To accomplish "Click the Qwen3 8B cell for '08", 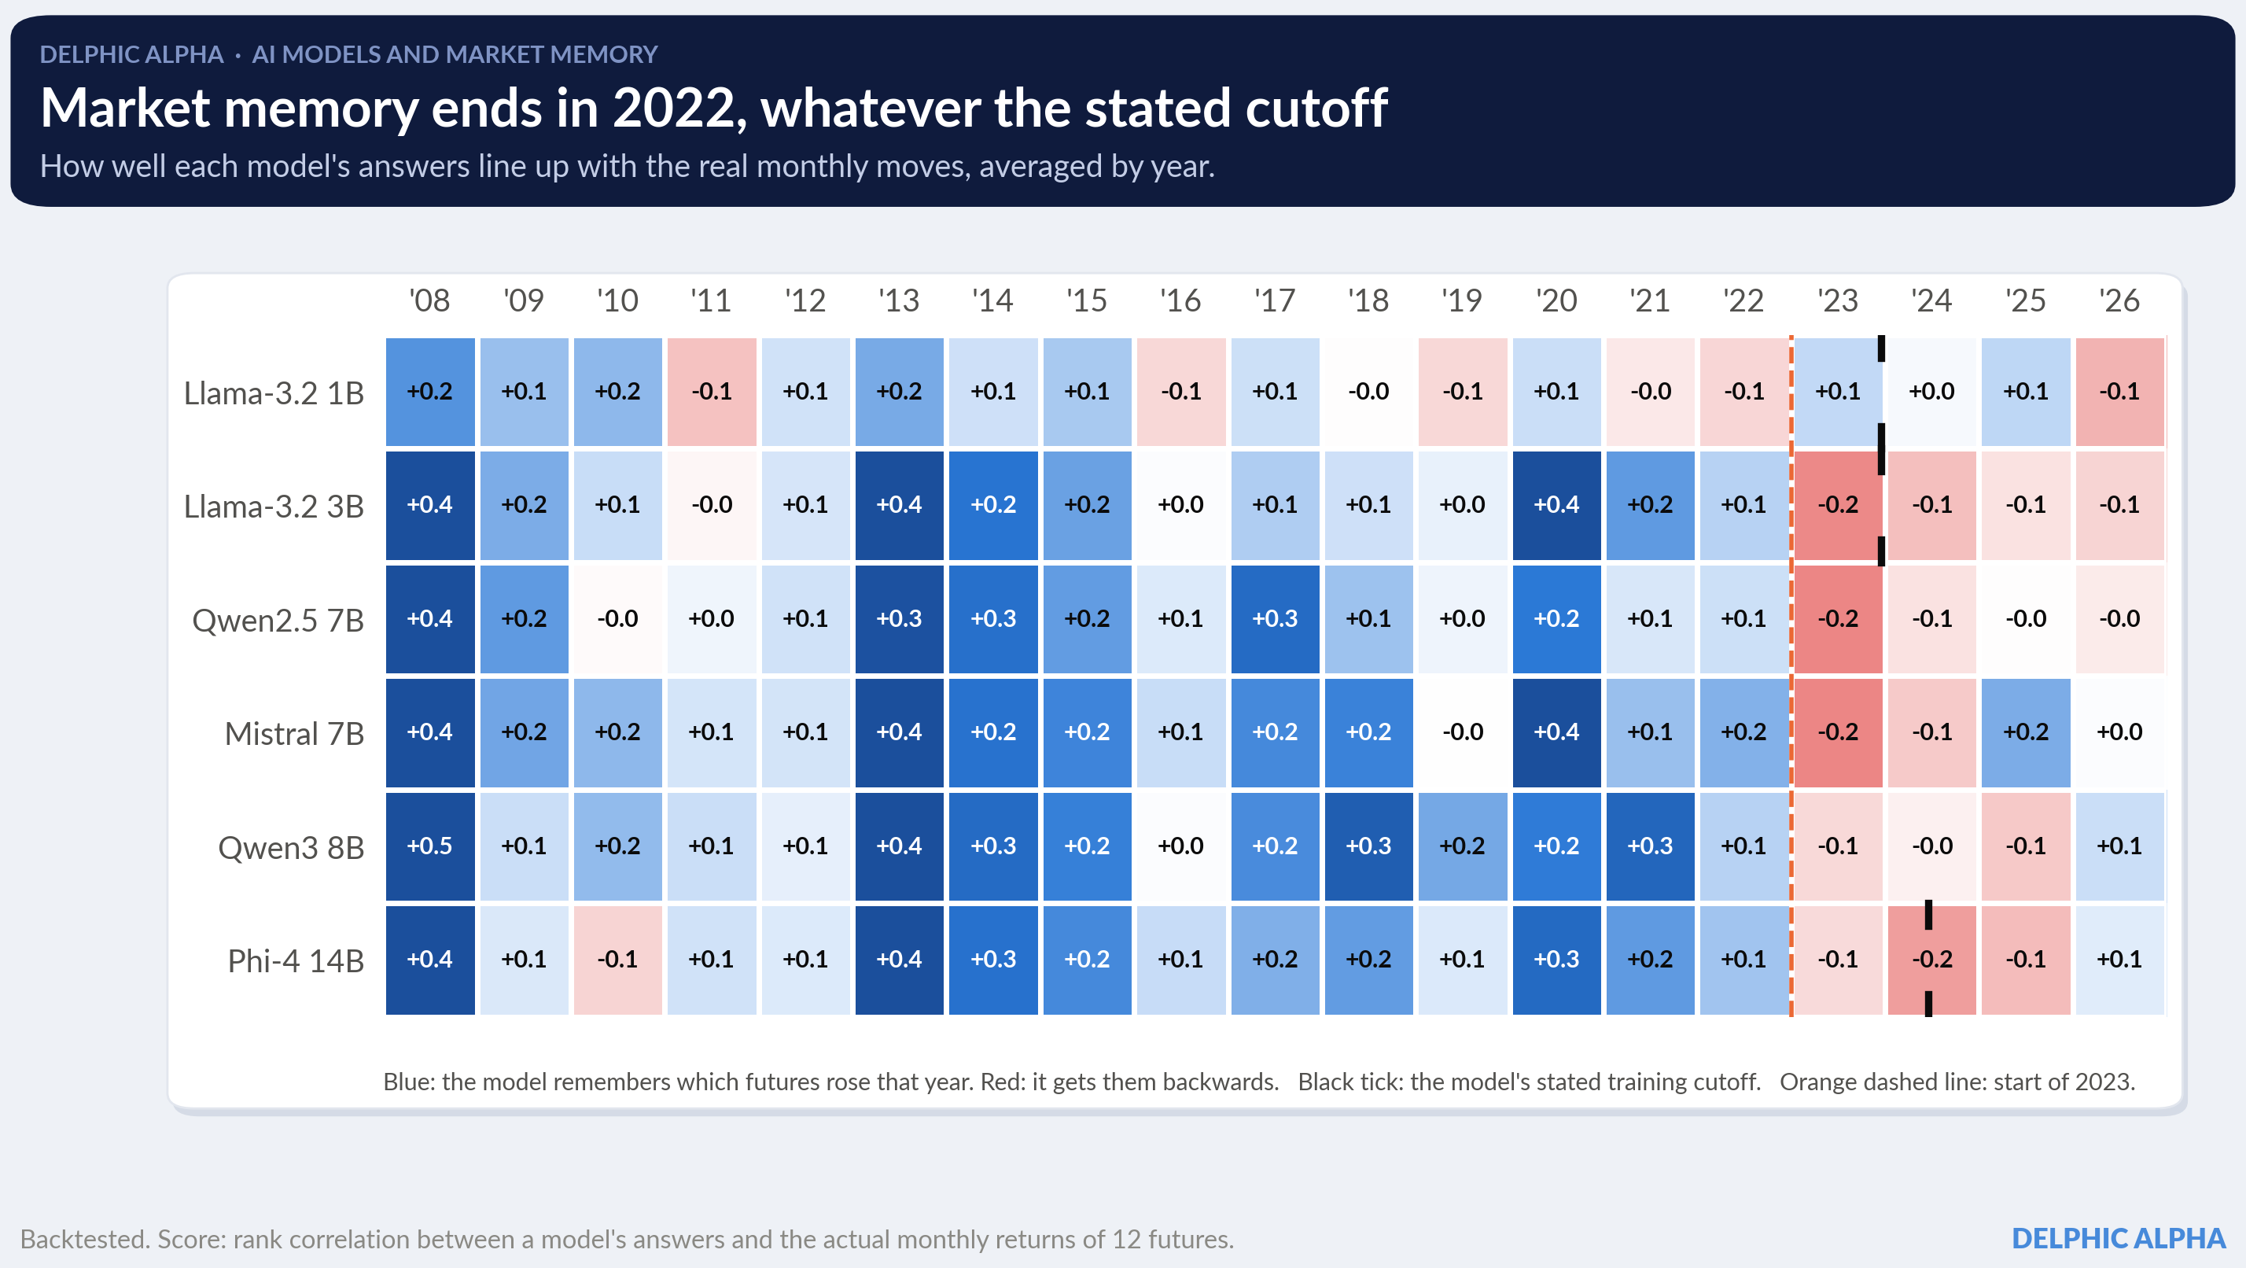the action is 430,846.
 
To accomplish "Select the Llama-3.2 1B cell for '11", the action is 712,392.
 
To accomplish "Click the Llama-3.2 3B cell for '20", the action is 1556,505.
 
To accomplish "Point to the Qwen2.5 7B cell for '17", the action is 1275,619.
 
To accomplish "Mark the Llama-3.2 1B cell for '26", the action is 2119,392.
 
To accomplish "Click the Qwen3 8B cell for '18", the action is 1369,846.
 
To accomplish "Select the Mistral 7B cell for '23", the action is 1838,732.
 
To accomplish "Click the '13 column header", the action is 899,300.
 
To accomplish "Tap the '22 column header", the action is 1743,300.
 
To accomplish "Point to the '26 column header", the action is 2119,300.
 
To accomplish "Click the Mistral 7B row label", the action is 294,734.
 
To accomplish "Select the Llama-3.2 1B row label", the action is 274,393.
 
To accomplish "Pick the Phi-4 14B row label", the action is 296,961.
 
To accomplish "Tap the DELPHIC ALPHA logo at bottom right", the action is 2119,1238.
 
